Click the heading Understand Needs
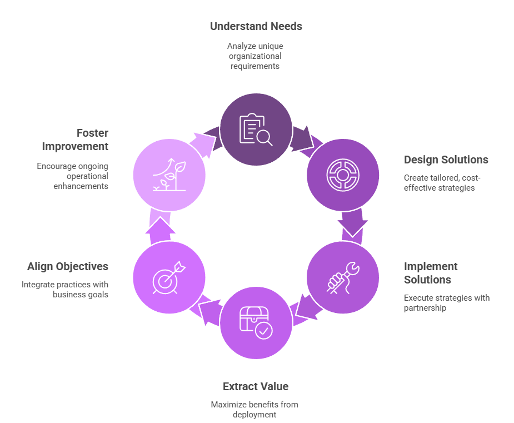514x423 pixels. [256, 26]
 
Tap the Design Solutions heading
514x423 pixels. [446, 160]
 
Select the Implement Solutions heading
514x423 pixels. [431, 273]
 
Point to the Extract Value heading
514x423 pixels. [256, 386]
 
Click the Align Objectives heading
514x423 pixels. [68, 266]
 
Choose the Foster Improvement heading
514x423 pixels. [75, 140]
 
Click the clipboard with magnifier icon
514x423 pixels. [256, 129]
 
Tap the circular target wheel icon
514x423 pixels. [343, 175]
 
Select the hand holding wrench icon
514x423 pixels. [343, 277]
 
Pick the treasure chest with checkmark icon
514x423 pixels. [256, 322]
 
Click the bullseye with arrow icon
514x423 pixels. [169, 277]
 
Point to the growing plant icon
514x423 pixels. [169, 175]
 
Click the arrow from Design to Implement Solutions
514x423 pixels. [352, 225]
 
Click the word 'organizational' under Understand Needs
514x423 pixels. [255, 56]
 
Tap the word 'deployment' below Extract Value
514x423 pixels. [254, 415]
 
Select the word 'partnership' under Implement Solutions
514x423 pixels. [425, 308]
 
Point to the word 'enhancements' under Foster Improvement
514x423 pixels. [81, 186]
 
